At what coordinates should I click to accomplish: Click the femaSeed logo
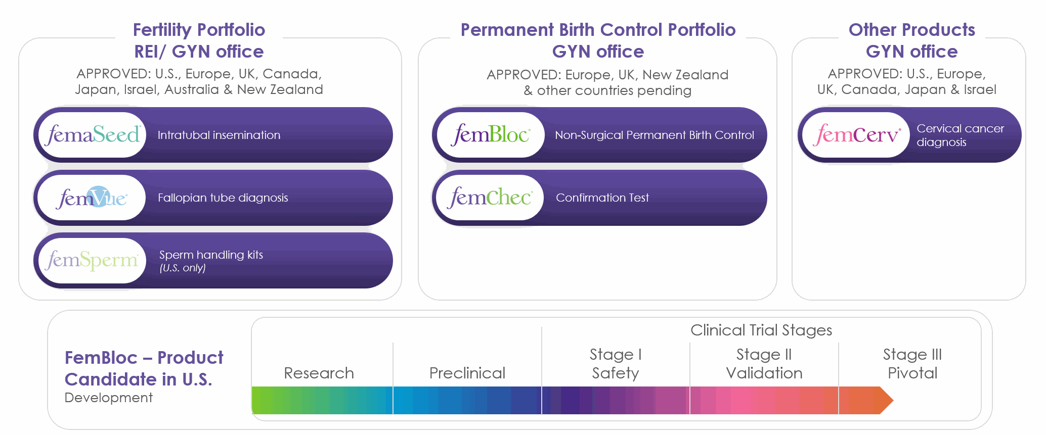[x=92, y=135]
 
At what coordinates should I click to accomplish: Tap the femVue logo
[x=92, y=198]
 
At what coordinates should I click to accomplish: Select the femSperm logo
[x=92, y=260]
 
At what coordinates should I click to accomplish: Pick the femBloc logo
[x=491, y=135]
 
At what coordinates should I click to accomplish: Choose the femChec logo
[x=490, y=198]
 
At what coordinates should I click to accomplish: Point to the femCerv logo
[x=857, y=135]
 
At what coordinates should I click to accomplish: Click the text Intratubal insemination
[x=219, y=135]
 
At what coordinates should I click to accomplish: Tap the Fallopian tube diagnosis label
[x=223, y=198]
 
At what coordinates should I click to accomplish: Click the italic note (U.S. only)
[x=183, y=268]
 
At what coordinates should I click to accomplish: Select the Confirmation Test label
[x=602, y=198]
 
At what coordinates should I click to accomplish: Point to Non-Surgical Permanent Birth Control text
[x=655, y=135]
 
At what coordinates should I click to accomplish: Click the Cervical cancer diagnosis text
[x=960, y=135]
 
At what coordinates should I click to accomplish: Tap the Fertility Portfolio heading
[x=199, y=30]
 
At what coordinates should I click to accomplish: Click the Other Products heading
[x=912, y=30]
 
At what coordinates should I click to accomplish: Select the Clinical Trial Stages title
[x=761, y=330]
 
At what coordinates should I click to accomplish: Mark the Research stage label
[x=319, y=373]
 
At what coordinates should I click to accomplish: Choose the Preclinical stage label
[x=467, y=373]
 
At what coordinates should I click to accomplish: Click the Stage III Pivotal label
[x=912, y=364]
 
